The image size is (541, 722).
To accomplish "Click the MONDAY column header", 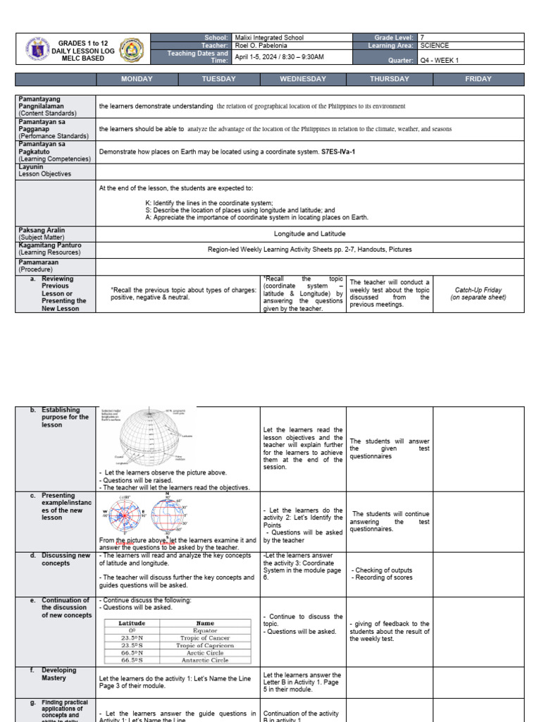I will coord(137,79).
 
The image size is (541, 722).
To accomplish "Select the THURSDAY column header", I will coord(390,79).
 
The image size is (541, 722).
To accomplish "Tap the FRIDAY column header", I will coord(478,79).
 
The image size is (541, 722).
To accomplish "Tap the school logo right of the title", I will coord(132,49).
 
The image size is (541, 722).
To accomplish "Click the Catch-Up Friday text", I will coord(478,289).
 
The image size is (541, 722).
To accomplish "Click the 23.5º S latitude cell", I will coord(132,645).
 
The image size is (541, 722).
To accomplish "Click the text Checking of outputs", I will coord(383,570).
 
